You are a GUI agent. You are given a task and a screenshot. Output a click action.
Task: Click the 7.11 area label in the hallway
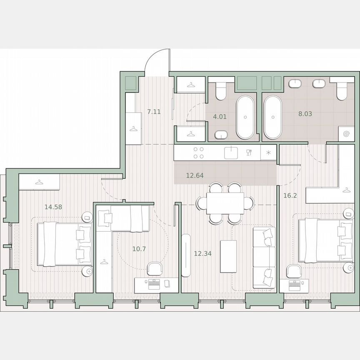pos(154,112)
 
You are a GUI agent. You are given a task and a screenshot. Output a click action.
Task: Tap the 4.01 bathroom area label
pos(220,117)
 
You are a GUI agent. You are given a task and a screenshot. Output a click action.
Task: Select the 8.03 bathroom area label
pos(305,113)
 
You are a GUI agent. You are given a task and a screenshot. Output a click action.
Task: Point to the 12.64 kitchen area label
pos(195,175)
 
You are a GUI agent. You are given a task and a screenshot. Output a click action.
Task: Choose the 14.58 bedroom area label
pos(54,206)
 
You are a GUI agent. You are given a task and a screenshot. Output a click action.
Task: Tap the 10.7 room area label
pos(139,249)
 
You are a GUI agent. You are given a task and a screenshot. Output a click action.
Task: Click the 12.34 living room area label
pos(203,253)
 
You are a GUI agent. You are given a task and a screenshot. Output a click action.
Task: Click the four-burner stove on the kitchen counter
pos(199,152)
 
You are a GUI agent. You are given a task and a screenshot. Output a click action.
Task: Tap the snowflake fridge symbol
pos(268,152)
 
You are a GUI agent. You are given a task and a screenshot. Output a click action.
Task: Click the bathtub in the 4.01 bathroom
pos(245,117)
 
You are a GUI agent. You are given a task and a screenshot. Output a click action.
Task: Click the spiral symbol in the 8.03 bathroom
pos(346,134)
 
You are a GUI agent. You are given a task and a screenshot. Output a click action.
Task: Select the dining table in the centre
pos(225,203)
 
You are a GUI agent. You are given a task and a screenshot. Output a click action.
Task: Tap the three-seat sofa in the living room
pos(264,257)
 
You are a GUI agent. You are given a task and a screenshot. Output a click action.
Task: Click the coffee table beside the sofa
pos(228,256)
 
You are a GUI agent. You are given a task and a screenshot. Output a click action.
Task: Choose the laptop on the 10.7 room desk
pos(154,283)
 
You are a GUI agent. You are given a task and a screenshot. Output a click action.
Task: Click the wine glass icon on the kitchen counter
pos(249,152)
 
